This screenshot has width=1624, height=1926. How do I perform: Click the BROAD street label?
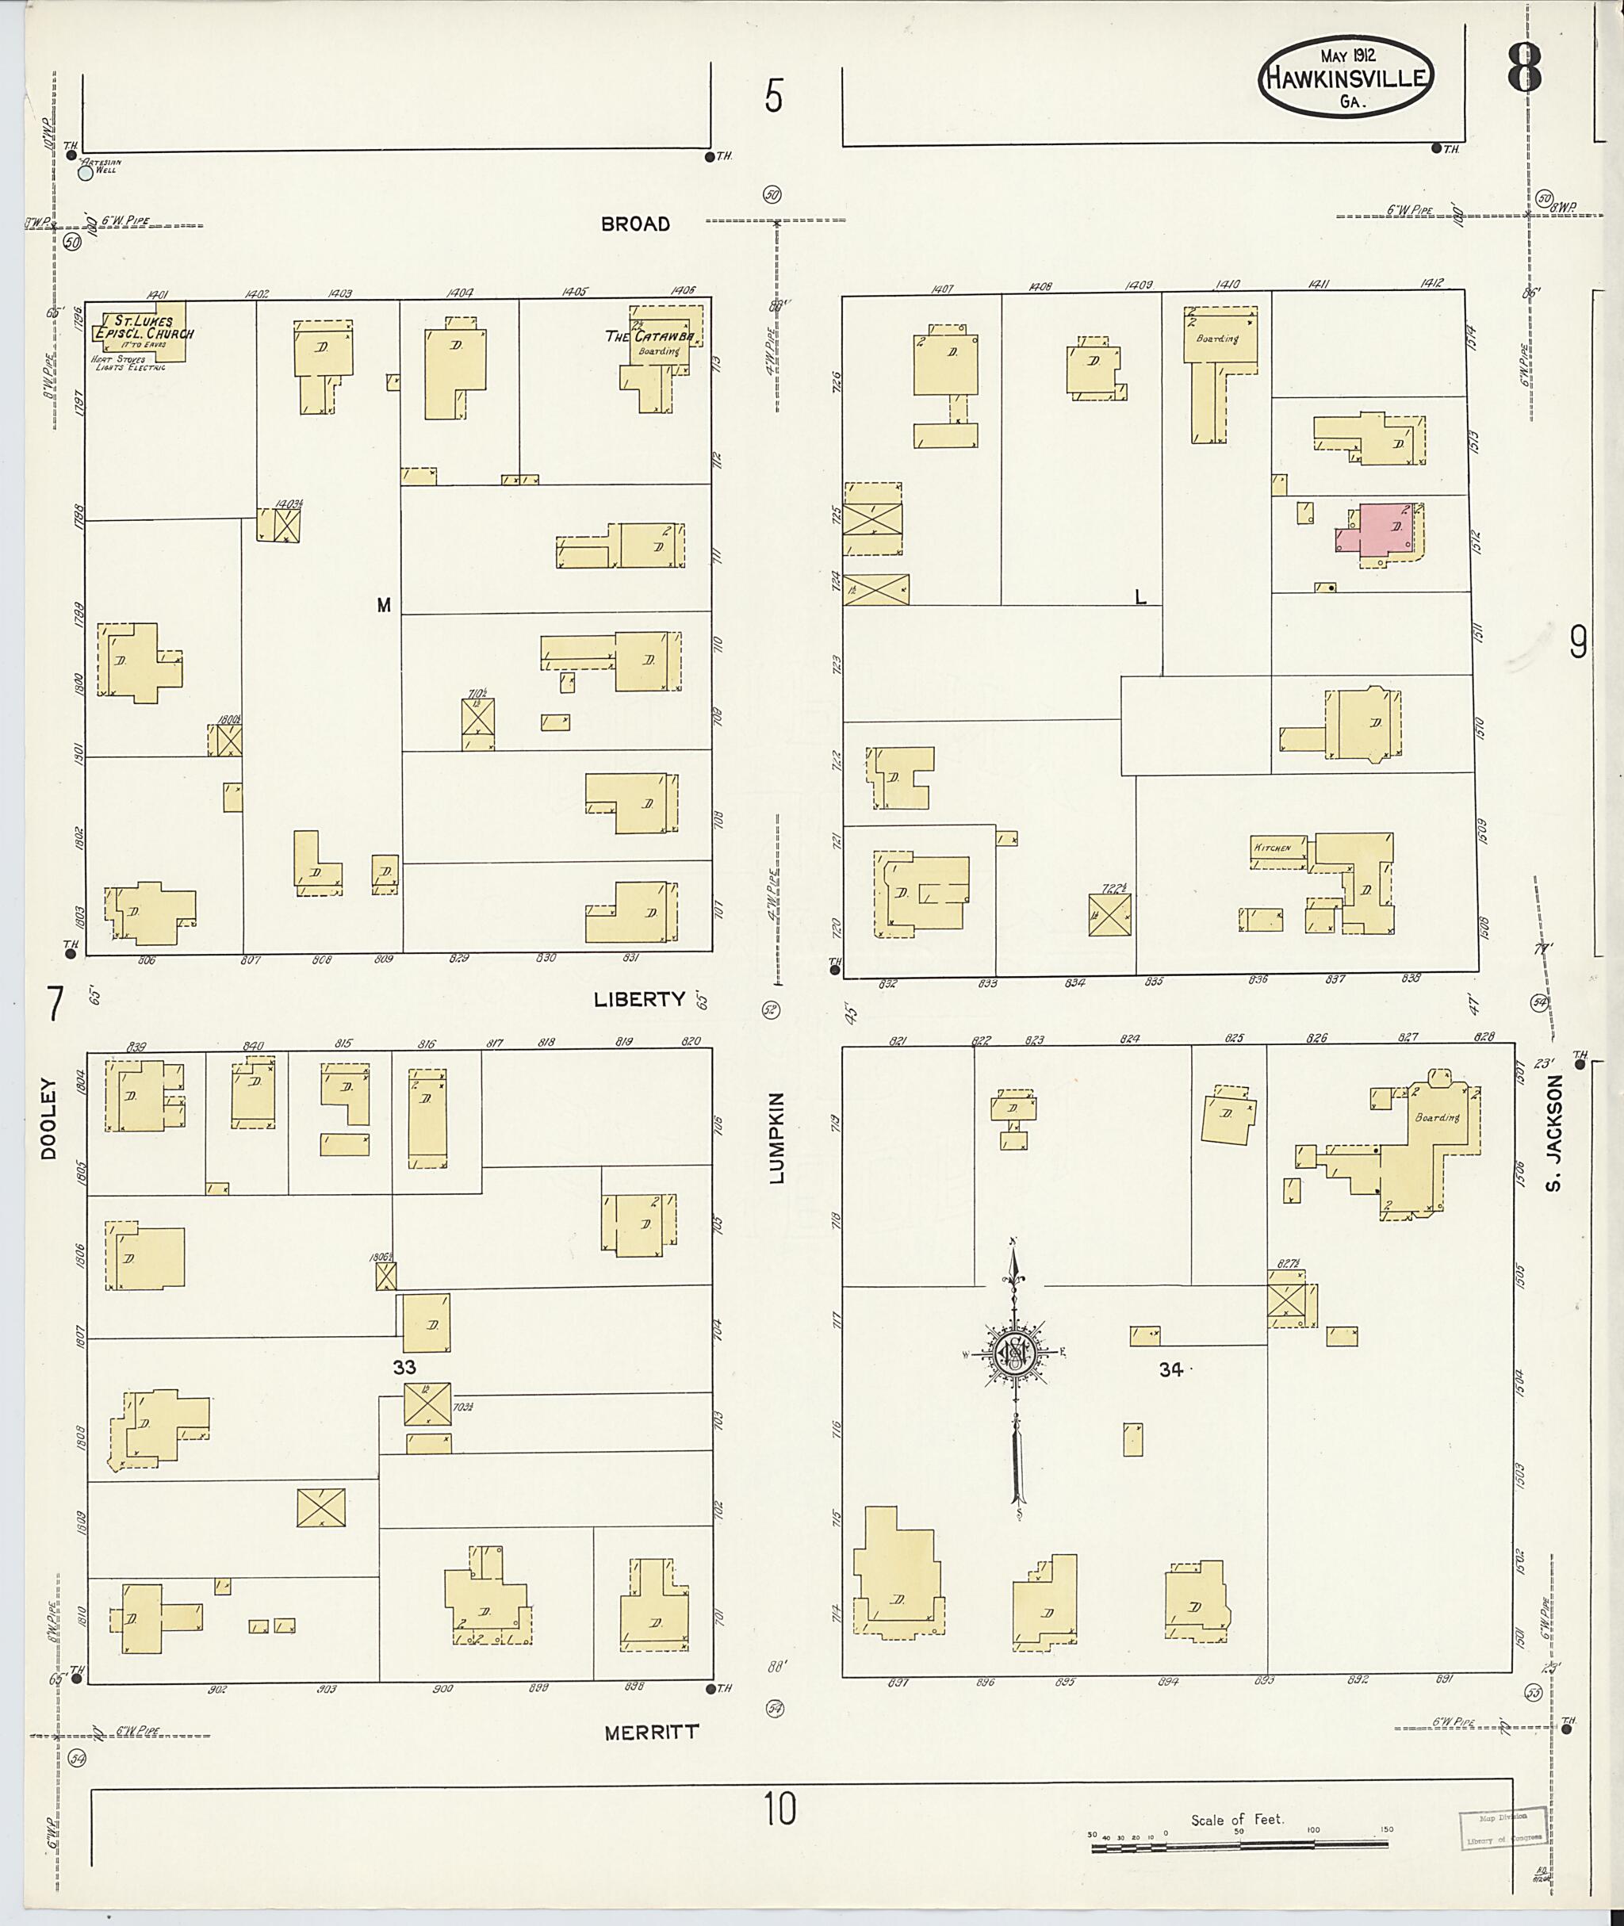click(635, 224)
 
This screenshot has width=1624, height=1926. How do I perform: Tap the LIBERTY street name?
click(640, 999)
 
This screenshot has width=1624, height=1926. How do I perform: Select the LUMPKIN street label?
click(776, 1137)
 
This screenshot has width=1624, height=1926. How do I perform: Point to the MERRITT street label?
click(651, 1732)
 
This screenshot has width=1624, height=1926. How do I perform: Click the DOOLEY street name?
click(48, 1118)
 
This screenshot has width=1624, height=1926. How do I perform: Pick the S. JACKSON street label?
click(1554, 1132)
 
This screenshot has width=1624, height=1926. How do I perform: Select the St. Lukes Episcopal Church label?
click(147, 327)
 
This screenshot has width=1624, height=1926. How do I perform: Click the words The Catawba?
click(649, 336)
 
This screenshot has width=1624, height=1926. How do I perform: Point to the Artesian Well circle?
click(86, 171)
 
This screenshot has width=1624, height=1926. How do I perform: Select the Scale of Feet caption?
click(1236, 1820)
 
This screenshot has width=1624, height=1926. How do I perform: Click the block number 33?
click(404, 1367)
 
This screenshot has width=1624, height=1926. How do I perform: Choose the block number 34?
click(1170, 1370)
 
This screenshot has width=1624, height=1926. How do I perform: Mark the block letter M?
click(384, 605)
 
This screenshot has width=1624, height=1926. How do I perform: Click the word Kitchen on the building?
click(1271, 847)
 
